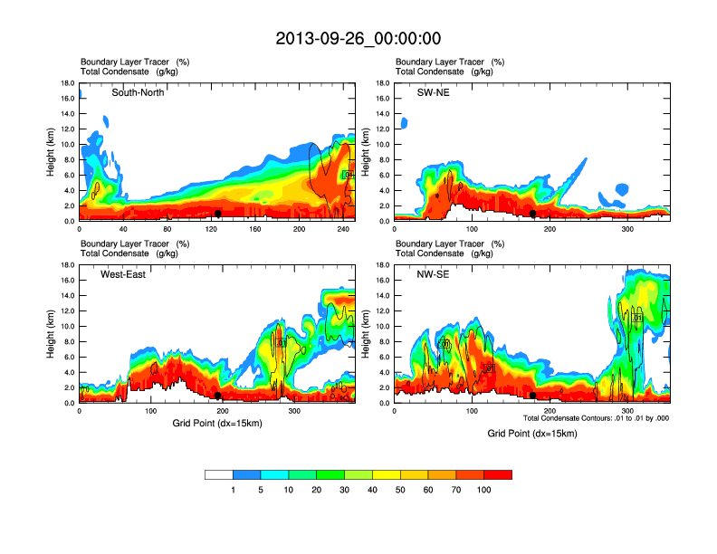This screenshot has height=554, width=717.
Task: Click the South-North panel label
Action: [x=138, y=92]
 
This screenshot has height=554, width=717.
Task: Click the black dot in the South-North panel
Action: [x=218, y=214]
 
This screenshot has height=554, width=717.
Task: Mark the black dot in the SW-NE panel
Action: [x=533, y=214]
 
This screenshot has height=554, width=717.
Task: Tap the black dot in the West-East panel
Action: [x=218, y=396]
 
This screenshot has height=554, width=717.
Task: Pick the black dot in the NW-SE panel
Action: [x=533, y=396]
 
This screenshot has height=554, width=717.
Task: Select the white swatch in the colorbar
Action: [x=219, y=474]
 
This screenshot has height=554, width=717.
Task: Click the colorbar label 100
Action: [x=484, y=490]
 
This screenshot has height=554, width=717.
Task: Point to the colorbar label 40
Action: [x=372, y=490]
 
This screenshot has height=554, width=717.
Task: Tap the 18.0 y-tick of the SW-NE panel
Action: [x=382, y=83]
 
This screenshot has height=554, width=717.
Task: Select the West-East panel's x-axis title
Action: [x=216, y=424]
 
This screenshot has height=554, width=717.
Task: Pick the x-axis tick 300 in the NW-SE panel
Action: [x=627, y=411]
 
